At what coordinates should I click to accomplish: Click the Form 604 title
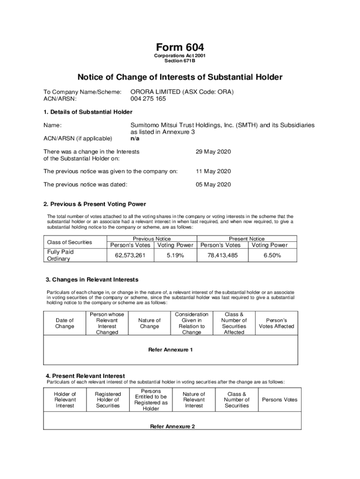point(180,48)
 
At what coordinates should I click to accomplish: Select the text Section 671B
point(180,61)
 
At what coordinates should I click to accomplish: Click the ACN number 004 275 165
point(148,99)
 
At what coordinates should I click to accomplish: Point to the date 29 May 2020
point(213,152)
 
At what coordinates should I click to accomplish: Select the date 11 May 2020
point(213,171)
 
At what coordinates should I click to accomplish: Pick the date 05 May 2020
point(213,184)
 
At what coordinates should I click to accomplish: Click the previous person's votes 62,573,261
point(130,255)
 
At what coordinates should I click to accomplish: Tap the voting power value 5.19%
point(175,255)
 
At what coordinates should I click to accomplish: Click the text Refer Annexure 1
point(170,350)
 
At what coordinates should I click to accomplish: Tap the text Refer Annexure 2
point(172,427)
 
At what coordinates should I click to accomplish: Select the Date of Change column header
point(65,323)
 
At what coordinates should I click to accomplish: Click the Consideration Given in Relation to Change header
point(191,323)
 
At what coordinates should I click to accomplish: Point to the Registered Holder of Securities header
point(108,400)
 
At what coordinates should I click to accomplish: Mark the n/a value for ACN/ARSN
point(135,138)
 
